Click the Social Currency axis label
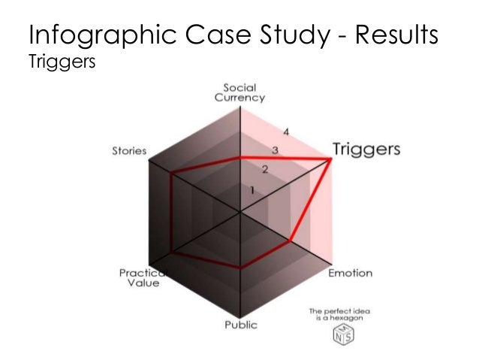[x=240, y=92]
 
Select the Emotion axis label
[x=350, y=273]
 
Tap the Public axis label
[x=240, y=325]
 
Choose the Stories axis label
[x=129, y=150]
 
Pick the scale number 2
[x=264, y=168]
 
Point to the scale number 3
[x=275, y=150]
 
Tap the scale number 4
[x=285, y=132]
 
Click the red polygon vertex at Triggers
[x=332, y=158]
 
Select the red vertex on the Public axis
[x=240, y=268]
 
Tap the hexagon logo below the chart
[x=342, y=335]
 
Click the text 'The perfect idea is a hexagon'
[x=341, y=314]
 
